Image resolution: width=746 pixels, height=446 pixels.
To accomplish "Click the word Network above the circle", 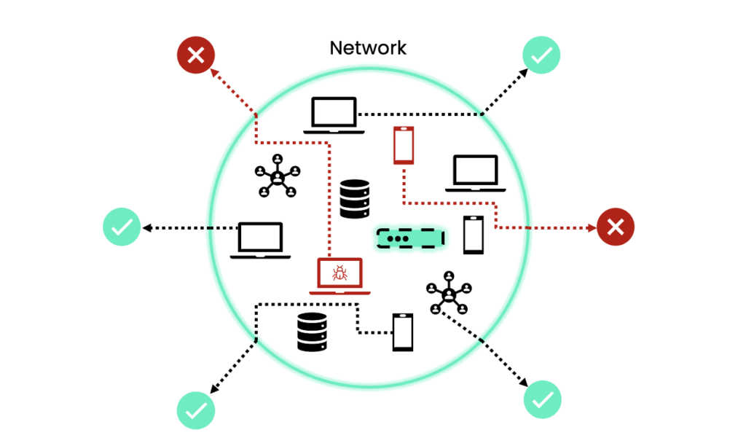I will [x=368, y=49].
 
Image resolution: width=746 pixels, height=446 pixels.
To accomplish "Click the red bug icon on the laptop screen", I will [x=339, y=273].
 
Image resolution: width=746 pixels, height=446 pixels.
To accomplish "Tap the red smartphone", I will [x=404, y=145].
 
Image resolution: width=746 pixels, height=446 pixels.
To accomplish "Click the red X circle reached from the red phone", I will [x=616, y=227].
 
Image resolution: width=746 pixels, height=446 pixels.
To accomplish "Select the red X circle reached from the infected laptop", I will [x=196, y=55].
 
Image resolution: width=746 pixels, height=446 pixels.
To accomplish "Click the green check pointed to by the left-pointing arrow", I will [x=121, y=227].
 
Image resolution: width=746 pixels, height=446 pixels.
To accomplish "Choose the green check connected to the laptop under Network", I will [x=542, y=55].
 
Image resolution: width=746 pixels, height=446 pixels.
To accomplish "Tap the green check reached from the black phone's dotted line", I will [x=195, y=410].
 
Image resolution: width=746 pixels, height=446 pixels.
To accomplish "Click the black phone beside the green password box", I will [x=474, y=235].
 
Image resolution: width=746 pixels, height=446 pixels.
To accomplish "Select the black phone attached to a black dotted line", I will [x=403, y=332].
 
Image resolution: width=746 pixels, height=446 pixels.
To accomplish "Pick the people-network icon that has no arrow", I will [x=278, y=176].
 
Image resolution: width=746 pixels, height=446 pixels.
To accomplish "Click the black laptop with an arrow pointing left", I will [x=260, y=240].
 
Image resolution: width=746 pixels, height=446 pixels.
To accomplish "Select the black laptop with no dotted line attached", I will [x=475, y=173].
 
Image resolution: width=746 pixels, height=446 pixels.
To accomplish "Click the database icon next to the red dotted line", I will [x=355, y=199].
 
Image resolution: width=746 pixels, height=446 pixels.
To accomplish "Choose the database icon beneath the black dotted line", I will [x=312, y=332].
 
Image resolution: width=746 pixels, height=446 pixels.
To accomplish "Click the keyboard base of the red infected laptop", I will [x=339, y=292].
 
